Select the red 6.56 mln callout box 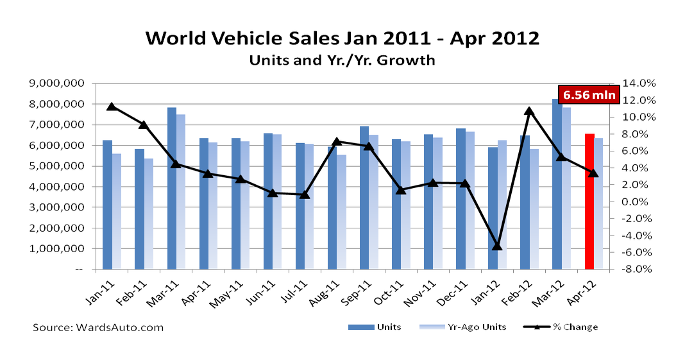coord(589,95)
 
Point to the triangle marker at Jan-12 coord(497,246)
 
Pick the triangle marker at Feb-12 coord(529,111)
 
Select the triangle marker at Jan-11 coord(112,107)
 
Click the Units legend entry coord(375,327)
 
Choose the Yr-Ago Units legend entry coord(462,327)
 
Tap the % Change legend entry coord(561,327)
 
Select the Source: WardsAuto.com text coord(98,327)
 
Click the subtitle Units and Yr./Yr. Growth coord(342,60)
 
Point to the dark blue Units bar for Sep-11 coord(364,198)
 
